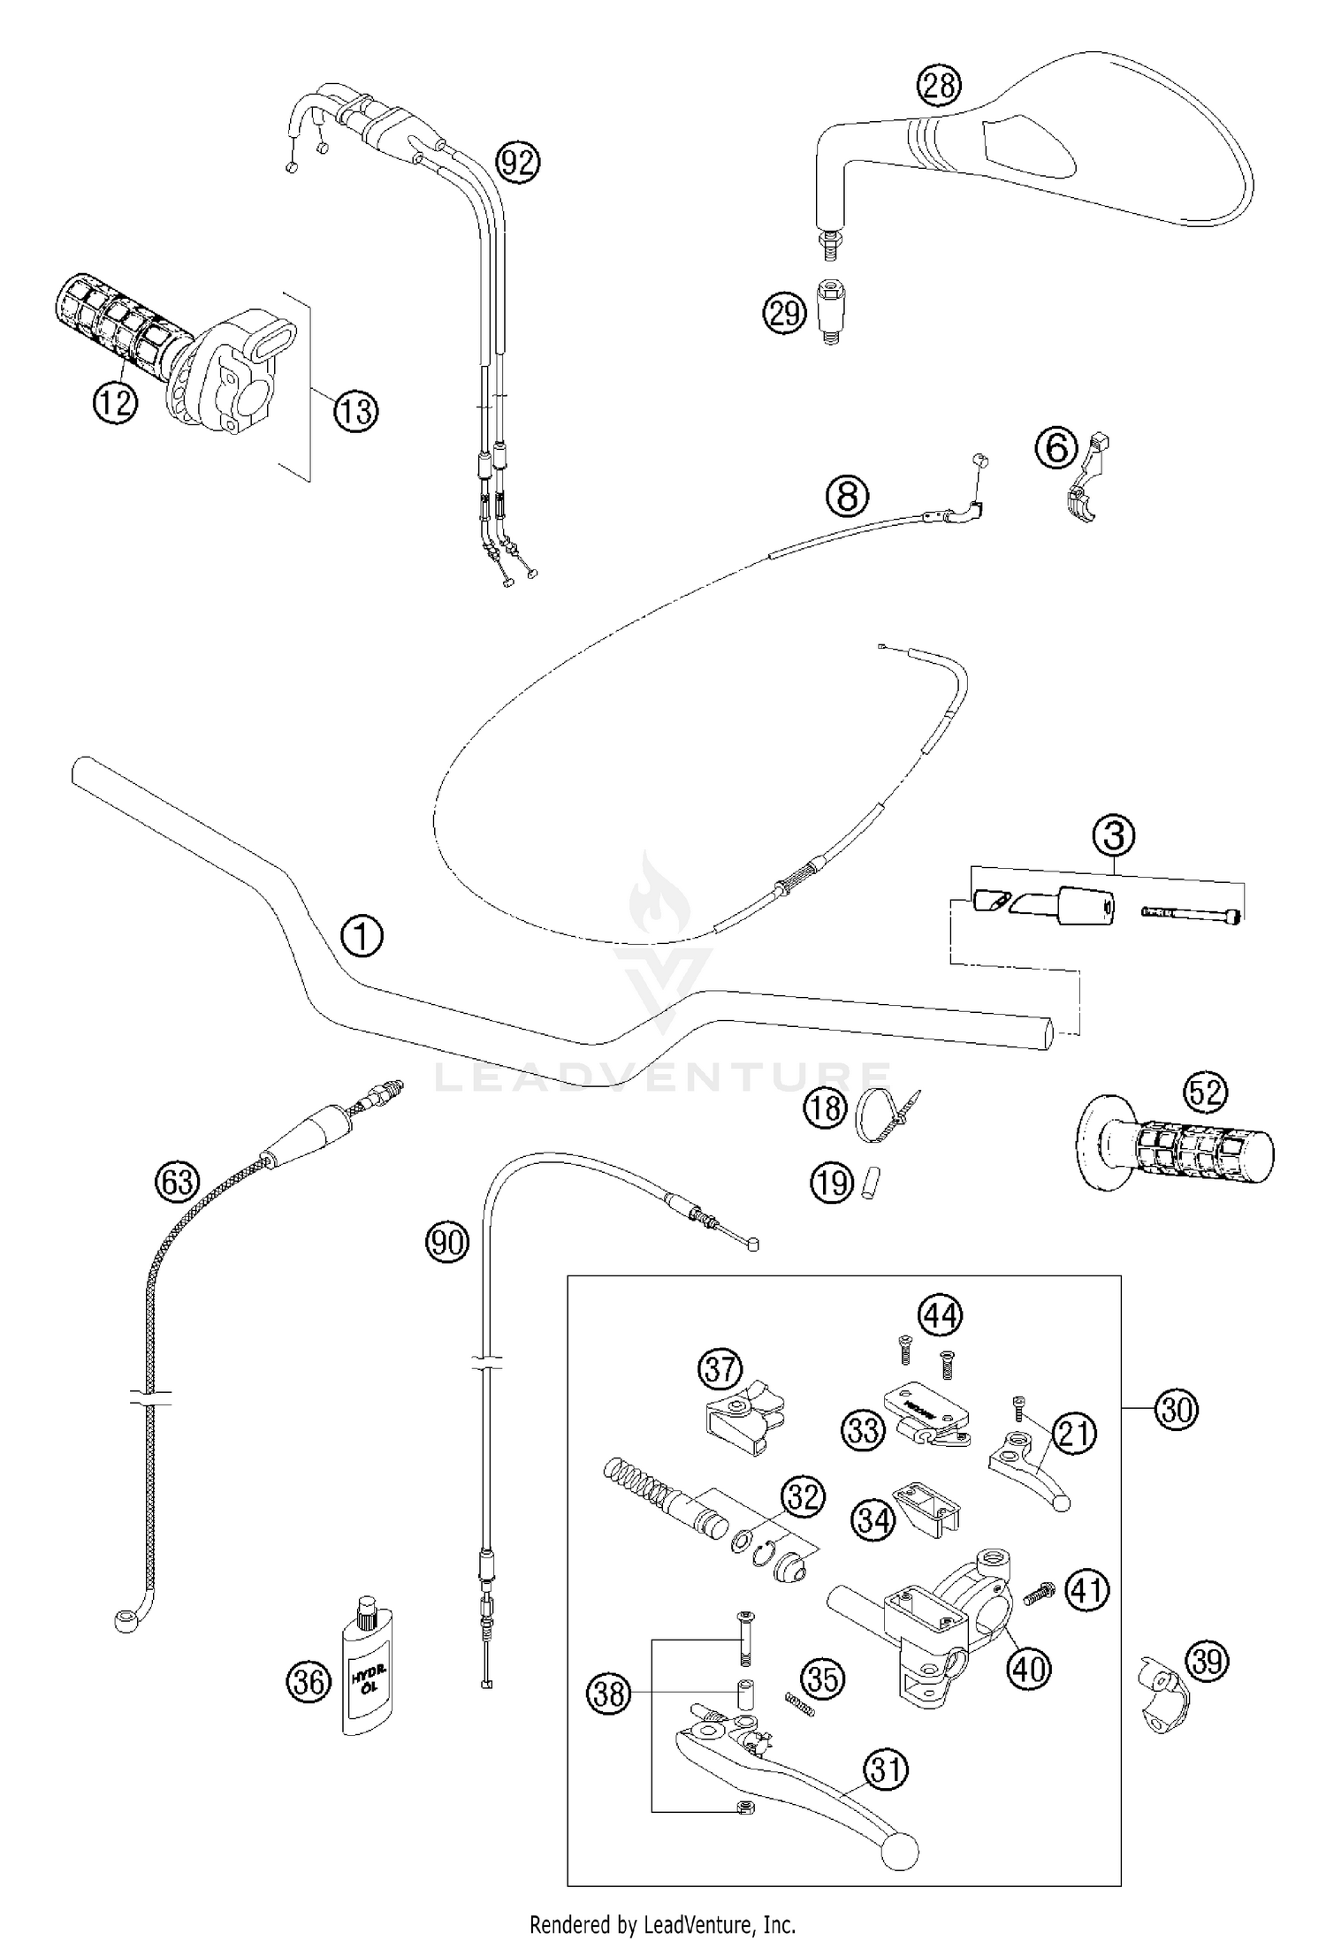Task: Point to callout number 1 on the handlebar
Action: click(362, 936)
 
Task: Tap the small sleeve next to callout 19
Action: click(868, 1181)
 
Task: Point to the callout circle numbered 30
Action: click(1176, 1409)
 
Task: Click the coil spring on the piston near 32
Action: click(635, 1484)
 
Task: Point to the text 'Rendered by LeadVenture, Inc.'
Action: click(662, 1923)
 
